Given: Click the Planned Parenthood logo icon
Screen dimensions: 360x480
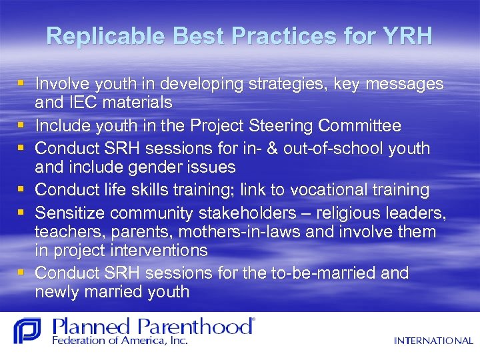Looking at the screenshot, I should coord(27,331).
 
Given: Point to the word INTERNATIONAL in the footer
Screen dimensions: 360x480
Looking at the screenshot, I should coord(433,341).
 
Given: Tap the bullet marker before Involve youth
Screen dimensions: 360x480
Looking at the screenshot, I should coord(23,84).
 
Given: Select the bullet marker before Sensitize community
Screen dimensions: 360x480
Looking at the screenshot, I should coord(23,213).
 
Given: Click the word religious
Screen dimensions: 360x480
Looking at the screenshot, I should coord(349,213).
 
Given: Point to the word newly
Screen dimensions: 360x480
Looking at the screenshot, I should coord(58,292).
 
